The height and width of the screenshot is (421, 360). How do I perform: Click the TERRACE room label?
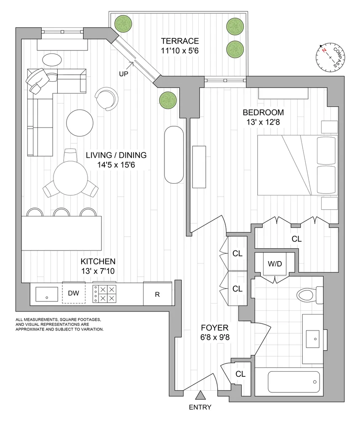coord(180,41)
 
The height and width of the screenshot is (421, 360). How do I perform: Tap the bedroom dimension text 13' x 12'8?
coord(263,122)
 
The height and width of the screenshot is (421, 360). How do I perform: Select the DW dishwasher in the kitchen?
coord(74,293)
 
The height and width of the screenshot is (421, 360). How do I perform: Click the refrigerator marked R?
coord(157,294)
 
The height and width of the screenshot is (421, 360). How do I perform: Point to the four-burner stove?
coord(104,294)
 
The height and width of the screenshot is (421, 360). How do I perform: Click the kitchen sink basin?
coord(47,294)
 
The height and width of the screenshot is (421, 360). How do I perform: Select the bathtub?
coord(294,382)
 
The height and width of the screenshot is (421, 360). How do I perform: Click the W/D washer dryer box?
coord(275,264)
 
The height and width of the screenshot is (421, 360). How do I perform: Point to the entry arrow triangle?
coord(200,395)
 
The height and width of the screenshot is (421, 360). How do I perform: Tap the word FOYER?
coord(214,328)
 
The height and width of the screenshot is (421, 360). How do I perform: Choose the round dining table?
coord(70,178)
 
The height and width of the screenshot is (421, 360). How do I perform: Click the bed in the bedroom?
coord(297,165)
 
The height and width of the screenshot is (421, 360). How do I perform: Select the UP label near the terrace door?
coord(123,74)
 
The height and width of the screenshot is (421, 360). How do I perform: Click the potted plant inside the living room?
coord(168,101)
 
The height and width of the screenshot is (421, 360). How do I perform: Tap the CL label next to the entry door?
coord(240,374)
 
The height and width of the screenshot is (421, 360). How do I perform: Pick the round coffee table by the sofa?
coord(80,123)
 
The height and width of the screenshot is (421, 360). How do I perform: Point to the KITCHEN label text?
coord(98,261)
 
